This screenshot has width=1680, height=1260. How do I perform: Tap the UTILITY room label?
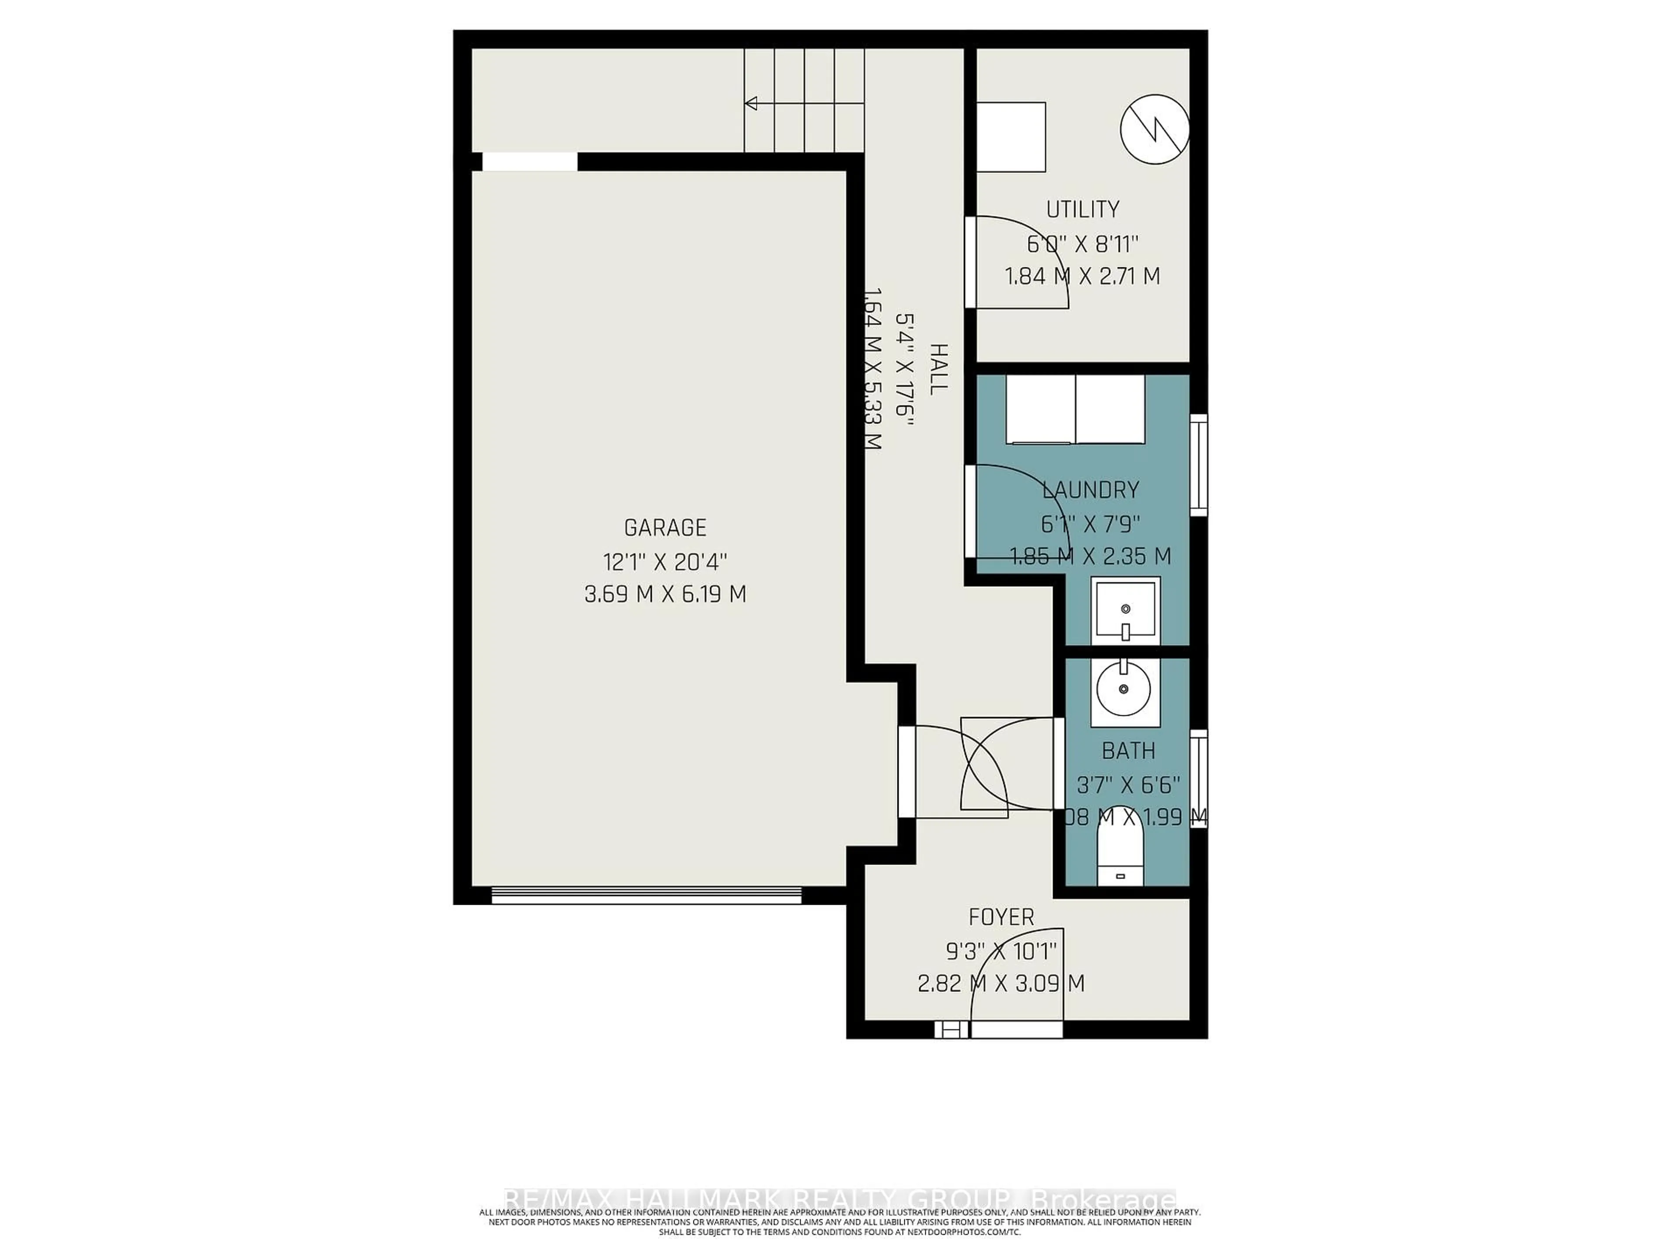[x=1082, y=209]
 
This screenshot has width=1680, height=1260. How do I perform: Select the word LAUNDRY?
[x=1091, y=490]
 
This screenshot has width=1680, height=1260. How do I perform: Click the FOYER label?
[x=1001, y=917]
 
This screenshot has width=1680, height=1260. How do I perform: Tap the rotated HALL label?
[x=939, y=368]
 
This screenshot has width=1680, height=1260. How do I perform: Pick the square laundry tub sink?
[x=1125, y=610]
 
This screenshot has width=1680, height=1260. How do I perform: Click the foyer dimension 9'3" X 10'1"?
[x=1001, y=950]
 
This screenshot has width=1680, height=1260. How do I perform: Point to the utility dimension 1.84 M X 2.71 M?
[x=1082, y=276]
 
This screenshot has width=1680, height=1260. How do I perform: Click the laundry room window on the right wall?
[x=1198, y=465]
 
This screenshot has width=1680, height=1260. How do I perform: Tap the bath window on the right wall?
[x=1198, y=778]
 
